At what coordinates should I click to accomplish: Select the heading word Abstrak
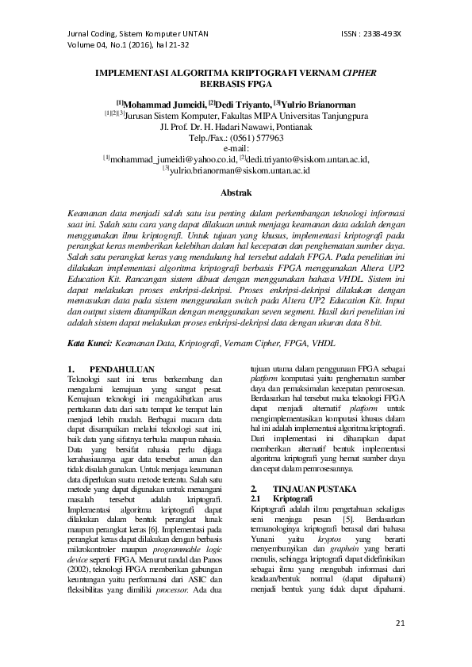236,192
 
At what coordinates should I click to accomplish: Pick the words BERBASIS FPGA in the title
236,82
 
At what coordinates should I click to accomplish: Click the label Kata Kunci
89,322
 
